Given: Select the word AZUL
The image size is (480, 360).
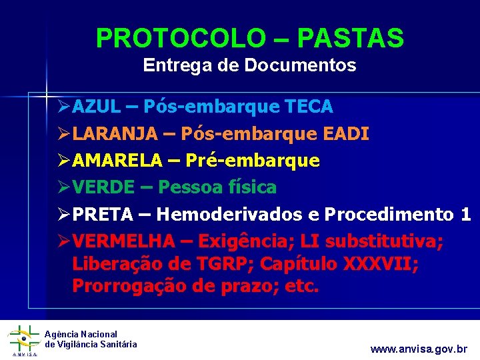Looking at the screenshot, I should [97, 107].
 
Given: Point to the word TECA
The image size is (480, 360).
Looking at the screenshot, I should [309, 107].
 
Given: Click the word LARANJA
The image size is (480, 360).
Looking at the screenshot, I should [115, 134].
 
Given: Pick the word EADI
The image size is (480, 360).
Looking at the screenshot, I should [345, 134].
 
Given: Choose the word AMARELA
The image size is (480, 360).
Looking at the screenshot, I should [118, 161].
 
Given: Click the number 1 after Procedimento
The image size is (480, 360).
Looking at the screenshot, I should [465, 215].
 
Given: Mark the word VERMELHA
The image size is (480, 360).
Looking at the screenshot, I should [124, 241].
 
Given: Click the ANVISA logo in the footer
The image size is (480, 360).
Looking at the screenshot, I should [23, 339].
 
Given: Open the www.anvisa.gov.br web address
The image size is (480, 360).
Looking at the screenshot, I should [419, 349].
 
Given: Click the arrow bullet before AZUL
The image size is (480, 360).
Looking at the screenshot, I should [63, 107].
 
